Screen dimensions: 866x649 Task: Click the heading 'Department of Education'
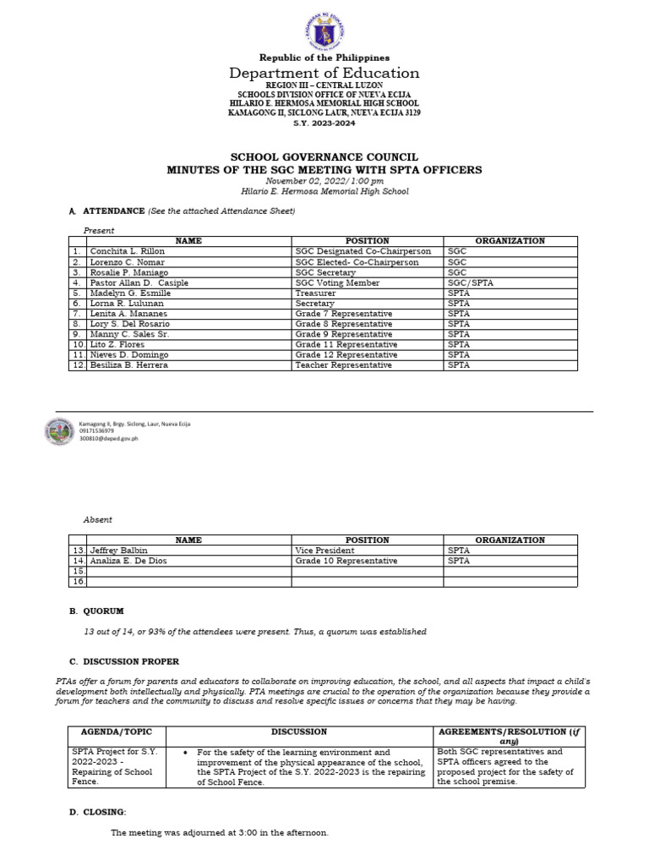pos(325,74)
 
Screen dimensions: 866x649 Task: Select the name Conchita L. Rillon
pos(127,251)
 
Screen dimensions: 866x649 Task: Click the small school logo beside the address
pos(59,432)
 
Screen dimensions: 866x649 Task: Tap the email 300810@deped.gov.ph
pos(108,439)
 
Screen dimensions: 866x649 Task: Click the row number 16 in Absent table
pos(77,581)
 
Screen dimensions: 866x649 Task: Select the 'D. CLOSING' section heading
pos(98,812)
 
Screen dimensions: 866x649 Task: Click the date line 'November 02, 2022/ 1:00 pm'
pos(324,181)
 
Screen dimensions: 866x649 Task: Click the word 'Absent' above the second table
pos(97,519)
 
